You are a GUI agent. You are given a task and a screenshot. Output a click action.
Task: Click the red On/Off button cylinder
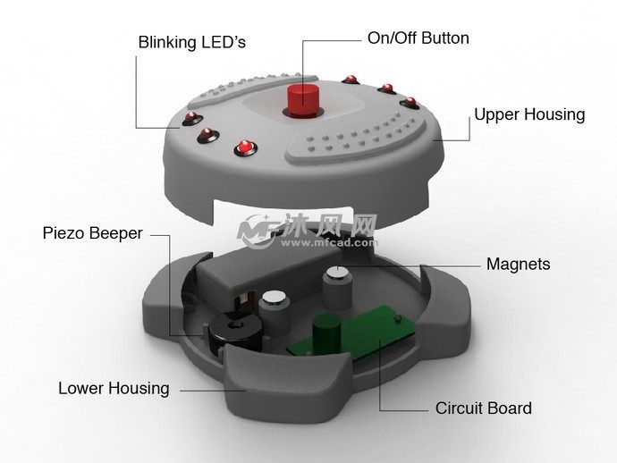[302, 100]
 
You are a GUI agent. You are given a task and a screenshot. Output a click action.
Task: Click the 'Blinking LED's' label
[192, 43]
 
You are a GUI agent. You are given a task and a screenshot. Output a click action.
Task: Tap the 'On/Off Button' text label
[418, 38]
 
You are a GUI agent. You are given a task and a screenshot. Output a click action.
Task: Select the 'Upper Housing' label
[529, 115]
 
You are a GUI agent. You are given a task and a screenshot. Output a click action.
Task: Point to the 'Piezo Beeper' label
[92, 233]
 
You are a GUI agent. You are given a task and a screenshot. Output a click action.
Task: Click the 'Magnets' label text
[519, 264]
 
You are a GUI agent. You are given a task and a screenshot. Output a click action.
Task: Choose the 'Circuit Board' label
[484, 408]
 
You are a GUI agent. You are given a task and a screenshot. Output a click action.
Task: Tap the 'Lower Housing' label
[114, 389]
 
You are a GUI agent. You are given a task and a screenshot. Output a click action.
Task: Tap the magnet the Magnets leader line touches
[337, 289]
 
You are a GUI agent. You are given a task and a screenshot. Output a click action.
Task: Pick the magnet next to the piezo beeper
[275, 311]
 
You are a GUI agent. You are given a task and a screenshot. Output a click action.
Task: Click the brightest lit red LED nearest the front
[245, 147]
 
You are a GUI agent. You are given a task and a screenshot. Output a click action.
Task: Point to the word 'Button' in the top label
[445, 38]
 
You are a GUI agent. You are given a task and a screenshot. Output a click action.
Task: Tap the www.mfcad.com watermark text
[328, 242]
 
